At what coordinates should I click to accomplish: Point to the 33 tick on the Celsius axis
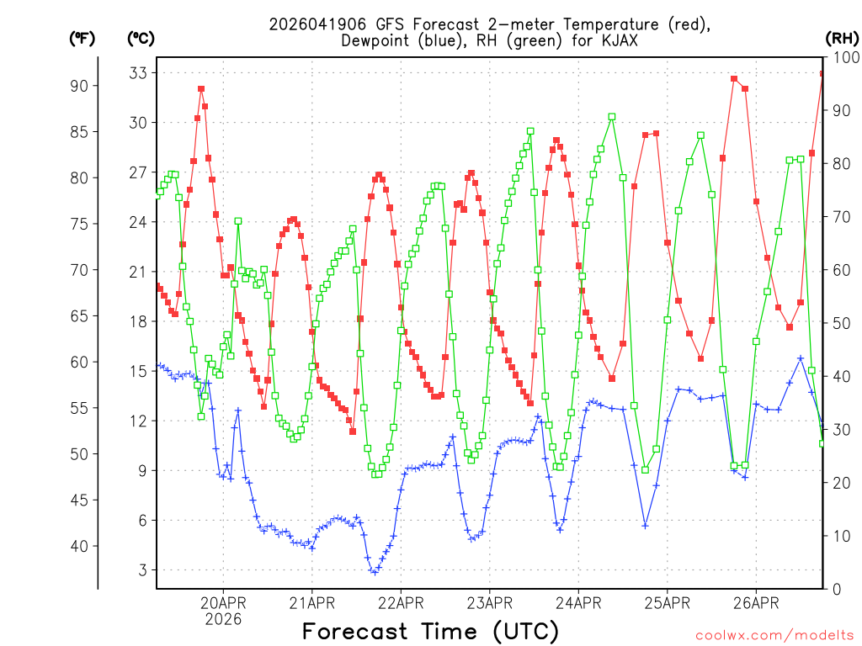pyautogui.click(x=138, y=73)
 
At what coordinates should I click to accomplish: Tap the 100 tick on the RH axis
pyautogui.click(x=843, y=57)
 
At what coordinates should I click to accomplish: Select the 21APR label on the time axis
pyautogui.click(x=311, y=603)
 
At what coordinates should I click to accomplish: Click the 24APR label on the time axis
pyautogui.click(x=578, y=603)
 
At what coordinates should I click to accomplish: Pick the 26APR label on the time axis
pyautogui.click(x=755, y=603)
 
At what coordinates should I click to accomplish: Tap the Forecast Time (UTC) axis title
pyautogui.click(x=430, y=631)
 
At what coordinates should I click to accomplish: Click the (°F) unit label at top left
pyautogui.click(x=82, y=38)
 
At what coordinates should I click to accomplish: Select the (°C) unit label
pyautogui.click(x=141, y=38)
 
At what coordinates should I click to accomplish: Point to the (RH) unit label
pyautogui.click(x=842, y=38)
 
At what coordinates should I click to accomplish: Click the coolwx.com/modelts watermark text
pyautogui.click(x=774, y=635)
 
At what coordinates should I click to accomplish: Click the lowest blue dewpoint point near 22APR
pyautogui.click(x=375, y=572)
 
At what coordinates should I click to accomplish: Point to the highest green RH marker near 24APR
pyautogui.click(x=612, y=117)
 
